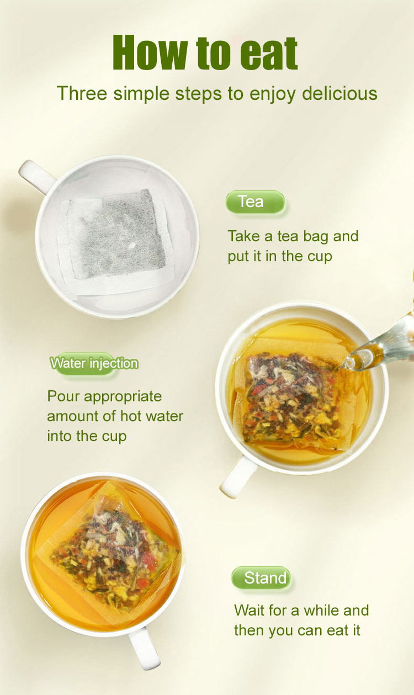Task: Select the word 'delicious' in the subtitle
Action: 340,93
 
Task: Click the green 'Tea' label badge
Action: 255,201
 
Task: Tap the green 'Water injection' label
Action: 94,363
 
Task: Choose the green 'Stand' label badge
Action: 261,578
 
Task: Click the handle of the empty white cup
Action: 36,176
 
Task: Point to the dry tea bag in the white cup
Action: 116,241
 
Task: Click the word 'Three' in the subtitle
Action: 82,93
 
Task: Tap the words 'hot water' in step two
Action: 152,416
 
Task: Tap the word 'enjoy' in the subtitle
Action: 272,94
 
